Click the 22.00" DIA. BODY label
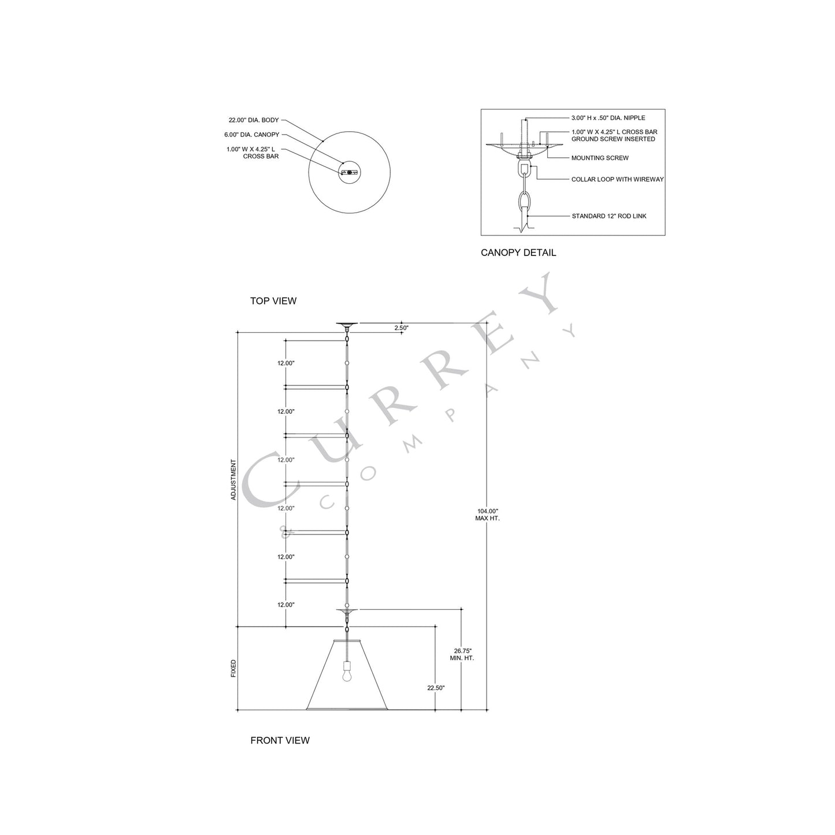pos(254,120)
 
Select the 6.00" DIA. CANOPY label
pos(251,135)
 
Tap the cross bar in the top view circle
pos(349,172)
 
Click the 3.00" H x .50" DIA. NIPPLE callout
pos(604,118)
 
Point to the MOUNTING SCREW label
pos(600,158)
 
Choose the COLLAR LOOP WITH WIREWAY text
pos(617,179)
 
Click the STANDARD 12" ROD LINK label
pos(609,216)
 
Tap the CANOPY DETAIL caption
pos(518,253)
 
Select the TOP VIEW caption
pos(273,300)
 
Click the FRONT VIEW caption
pos(280,740)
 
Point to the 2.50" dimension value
pos(401,328)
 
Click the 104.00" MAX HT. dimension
pos(488,514)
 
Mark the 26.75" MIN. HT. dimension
pos(462,654)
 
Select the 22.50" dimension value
pos(436,688)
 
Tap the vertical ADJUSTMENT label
pos(233,480)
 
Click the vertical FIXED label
pos(233,669)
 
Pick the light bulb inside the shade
pos(347,675)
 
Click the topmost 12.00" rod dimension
pos(286,363)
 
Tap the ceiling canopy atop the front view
pos(347,325)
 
